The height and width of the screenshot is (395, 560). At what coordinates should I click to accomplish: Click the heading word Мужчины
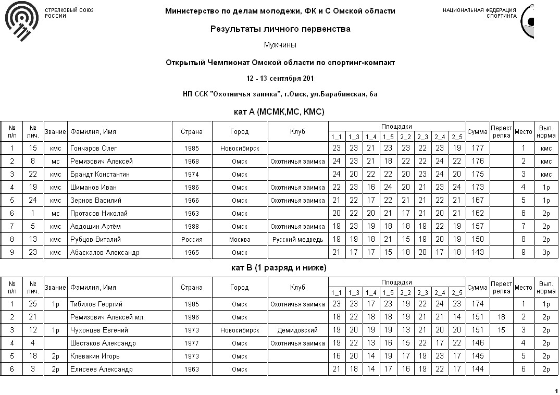point(280,45)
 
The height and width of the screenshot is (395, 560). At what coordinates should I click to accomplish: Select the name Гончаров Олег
point(94,149)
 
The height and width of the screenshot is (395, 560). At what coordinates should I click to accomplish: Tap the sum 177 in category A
point(477,149)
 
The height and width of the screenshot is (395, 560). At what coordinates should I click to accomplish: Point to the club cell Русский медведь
point(298,240)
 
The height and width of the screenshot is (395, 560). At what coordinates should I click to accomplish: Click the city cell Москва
point(240,240)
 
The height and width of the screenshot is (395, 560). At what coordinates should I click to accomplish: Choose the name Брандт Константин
point(100,175)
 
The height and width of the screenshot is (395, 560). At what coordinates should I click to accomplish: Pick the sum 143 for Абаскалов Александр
point(477,253)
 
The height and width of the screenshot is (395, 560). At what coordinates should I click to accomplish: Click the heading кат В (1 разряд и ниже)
point(279,268)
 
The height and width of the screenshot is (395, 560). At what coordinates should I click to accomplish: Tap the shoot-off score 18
point(502,317)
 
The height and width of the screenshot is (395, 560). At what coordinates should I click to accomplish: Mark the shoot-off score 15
point(502,330)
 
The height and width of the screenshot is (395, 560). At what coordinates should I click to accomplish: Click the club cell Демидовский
point(298,330)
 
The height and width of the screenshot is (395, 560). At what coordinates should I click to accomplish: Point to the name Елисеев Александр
point(101,369)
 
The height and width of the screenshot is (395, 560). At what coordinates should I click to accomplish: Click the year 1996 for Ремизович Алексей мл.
point(192,317)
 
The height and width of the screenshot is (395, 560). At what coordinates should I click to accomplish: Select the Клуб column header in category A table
point(298,132)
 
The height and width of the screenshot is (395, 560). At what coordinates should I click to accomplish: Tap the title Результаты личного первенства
point(280,29)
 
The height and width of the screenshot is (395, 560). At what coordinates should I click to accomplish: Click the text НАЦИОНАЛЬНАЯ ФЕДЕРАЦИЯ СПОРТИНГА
point(479,13)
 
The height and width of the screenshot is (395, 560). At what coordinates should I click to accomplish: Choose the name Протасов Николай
point(99,214)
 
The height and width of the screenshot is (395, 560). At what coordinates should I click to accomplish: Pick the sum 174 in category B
point(477,304)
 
